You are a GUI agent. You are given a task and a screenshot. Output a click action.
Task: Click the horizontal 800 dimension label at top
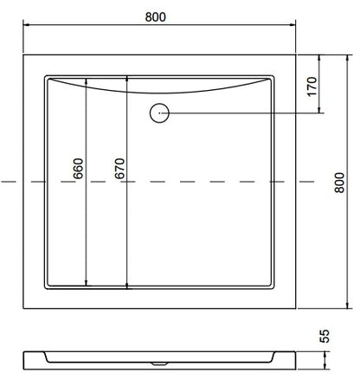(156, 17)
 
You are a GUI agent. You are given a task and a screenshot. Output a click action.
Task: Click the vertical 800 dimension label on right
(339, 183)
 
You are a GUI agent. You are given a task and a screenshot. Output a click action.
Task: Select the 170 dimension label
(312, 87)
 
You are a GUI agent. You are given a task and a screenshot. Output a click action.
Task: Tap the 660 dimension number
(78, 169)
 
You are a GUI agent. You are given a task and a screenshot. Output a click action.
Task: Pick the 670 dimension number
(119, 169)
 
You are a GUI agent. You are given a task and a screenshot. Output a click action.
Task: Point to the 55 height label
(325, 336)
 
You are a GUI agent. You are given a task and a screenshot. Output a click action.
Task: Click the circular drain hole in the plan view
(159, 112)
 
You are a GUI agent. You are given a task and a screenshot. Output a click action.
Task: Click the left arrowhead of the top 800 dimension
(26, 24)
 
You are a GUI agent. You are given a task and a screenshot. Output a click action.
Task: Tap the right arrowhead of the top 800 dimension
(292, 24)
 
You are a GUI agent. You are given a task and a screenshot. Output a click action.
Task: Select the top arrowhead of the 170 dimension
(319, 58)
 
